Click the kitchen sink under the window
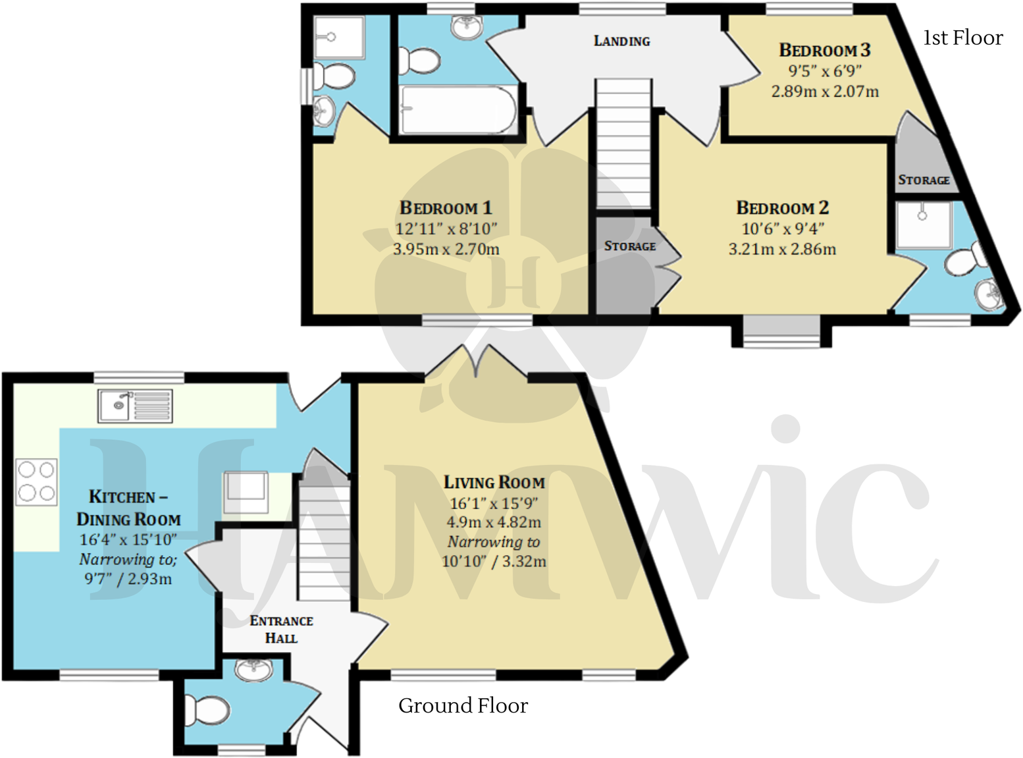pyautogui.click(x=135, y=405)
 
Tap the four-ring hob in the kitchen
pyautogui.click(x=36, y=481)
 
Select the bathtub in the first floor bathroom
pyautogui.click(x=458, y=110)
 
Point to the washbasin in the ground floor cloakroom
pyautogui.click(x=253, y=670)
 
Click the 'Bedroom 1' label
pyautogui.click(x=446, y=208)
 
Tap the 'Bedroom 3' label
pyautogui.click(x=824, y=50)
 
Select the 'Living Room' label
pyautogui.click(x=494, y=483)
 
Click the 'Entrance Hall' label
pyautogui.click(x=281, y=629)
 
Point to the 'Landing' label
pyautogui.click(x=621, y=41)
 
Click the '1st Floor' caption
pyautogui.click(x=962, y=38)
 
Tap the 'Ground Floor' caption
pyautogui.click(x=463, y=706)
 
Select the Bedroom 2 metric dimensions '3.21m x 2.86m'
pyautogui.click(x=782, y=250)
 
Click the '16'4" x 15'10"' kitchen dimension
pyautogui.click(x=128, y=540)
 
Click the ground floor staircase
pyautogui.click(x=324, y=540)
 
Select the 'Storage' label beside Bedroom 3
pyautogui.click(x=924, y=180)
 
